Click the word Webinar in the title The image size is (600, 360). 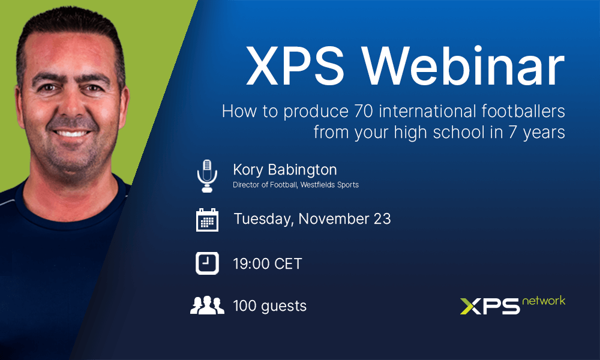coord(464,66)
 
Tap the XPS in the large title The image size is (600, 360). coord(295,66)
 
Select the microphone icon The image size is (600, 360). coord(207,176)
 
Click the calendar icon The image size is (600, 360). coord(207,220)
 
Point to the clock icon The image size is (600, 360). coord(207,263)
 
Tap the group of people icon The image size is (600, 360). coord(207,305)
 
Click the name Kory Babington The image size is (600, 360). coord(285,170)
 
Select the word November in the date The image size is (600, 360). coord(334,219)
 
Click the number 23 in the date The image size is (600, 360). coord(382,219)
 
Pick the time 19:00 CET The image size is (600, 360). coord(268,264)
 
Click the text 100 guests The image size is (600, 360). coord(270,306)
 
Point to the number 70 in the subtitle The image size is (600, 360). coord(364,112)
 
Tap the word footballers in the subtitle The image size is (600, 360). coord(523,111)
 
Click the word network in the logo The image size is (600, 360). coord(544,301)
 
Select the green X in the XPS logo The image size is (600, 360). coord(470,307)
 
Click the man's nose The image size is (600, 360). coord(71,107)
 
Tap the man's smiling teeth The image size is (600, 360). coord(71,134)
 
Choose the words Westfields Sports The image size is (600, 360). coord(329,185)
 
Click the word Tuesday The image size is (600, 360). coord(263,219)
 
